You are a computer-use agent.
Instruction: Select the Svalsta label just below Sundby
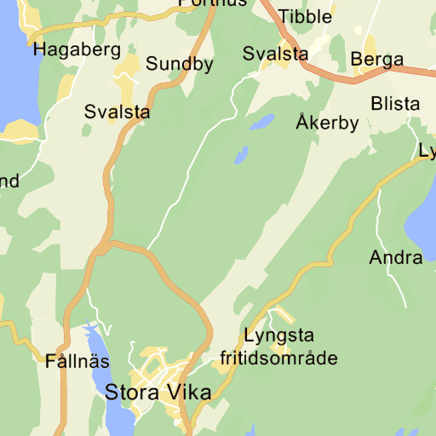(x=117, y=112)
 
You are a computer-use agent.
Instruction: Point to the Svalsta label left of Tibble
(x=275, y=54)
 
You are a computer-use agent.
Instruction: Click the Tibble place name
(x=307, y=17)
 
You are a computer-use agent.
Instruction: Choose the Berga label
(x=376, y=60)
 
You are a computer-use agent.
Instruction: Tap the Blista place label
(x=395, y=104)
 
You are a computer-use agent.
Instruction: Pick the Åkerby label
(x=327, y=123)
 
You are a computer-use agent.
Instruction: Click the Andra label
(x=395, y=257)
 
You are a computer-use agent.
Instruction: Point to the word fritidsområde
(x=278, y=358)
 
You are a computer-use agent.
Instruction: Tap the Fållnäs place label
(x=77, y=360)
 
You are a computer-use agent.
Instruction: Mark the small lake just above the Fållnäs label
(x=90, y=334)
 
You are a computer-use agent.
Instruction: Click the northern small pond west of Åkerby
(x=261, y=122)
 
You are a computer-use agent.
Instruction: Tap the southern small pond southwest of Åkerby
(x=241, y=156)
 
